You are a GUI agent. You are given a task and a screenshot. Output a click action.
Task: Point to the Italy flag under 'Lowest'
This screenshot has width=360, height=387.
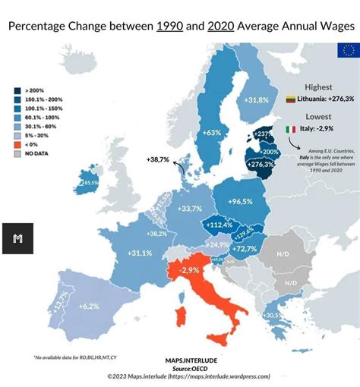point(290,130)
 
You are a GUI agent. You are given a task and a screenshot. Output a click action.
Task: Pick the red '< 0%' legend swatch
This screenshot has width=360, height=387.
point(17,143)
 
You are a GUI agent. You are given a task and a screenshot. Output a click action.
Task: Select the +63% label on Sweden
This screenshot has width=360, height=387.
point(211,133)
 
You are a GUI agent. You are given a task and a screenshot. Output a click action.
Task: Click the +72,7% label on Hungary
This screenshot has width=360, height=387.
point(245,249)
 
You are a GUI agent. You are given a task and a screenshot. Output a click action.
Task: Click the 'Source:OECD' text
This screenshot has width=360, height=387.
point(183,367)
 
